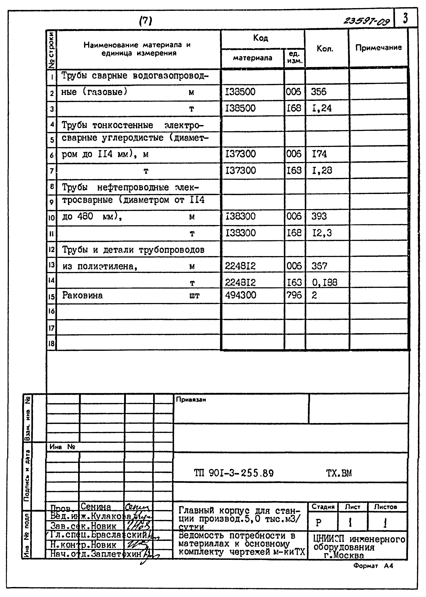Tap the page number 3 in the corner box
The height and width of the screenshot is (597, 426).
pyautogui.click(x=405, y=18)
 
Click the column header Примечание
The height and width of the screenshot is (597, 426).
pyautogui.click(x=378, y=47)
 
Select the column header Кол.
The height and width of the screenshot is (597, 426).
pyautogui.click(x=325, y=49)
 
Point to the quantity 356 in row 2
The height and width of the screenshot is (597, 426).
pyautogui.click(x=319, y=92)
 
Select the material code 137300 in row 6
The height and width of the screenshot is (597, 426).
pyautogui.click(x=240, y=154)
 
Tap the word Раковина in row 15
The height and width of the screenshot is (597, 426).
pyautogui.click(x=82, y=295)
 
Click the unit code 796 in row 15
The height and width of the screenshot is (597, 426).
pyautogui.click(x=294, y=295)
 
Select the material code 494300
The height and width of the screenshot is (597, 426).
pyautogui.click(x=240, y=295)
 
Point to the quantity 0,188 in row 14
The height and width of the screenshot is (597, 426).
pyautogui.click(x=324, y=282)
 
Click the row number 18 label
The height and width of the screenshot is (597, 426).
pyautogui.click(x=51, y=343)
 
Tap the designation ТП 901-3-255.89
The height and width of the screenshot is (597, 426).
pyautogui.click(x=233, y=473)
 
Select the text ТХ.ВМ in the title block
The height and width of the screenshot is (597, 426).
pyautogui.click(x=339, y=473)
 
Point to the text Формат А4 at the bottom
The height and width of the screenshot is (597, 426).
pyautogui.click(x=373, y=566)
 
